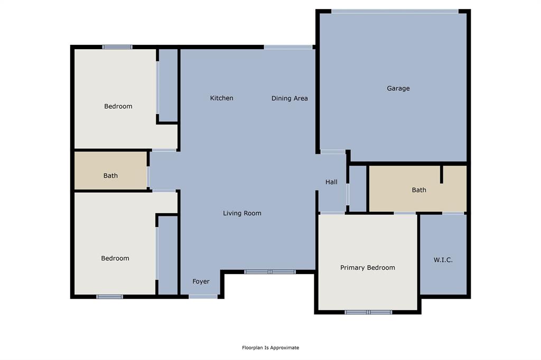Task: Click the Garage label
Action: tap(398, 89)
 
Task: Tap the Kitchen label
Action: tap(221, 98)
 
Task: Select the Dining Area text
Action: tap(290, 99)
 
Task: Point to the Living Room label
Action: tap(242, 213)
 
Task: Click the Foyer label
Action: tap(201, 282)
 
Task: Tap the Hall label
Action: tap(331, 182)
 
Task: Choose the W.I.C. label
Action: tap(443, 260)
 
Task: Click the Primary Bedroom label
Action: tap(367, 268)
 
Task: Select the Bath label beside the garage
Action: tap(419, 190)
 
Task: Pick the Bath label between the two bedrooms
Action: tap(110, 176)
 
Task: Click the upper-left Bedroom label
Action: tap(118, 107)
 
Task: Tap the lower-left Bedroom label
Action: tap(115, 259)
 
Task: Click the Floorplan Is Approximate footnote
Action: tap(270, 348)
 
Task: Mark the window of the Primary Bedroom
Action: tap(368, 312)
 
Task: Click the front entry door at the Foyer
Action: tap(203, 297)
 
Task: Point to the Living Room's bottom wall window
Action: tap(269, 272)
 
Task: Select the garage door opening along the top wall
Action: tap(395, 11)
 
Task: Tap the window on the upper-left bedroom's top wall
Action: tap(117, 47)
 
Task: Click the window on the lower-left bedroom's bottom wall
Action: tap(109, 297)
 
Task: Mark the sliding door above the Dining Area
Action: tap(288, 47)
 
